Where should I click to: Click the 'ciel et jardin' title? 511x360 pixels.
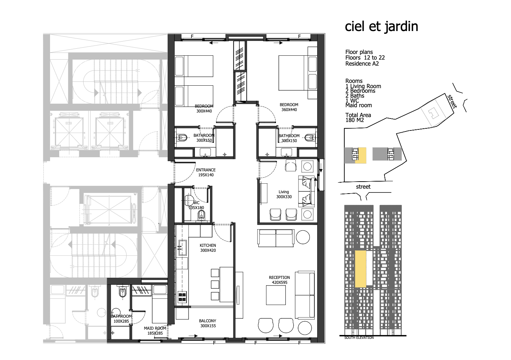pyautogui.click(x=381, y=27)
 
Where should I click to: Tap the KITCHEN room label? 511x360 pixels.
pyautogui.click(x=208, y=245)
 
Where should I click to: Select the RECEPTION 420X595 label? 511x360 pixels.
pyautogui.click(x=279, y=280)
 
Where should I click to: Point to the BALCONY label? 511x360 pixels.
pyautogui.click(x=207, y=321)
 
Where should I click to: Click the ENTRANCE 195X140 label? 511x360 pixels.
pyautogui.click(x=205, y=172)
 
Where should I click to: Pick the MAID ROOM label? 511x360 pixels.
pyautogui.click(x=155, y=328)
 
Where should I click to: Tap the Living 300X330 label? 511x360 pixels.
pyautogui.click(x=284, y=194)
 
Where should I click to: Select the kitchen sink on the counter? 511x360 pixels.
pyautogui.click(x=182, y=248)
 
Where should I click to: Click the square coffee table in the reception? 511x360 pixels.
pyautogui.click(x=276, y=295)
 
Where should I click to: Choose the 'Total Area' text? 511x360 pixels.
pyautogui.click(x=358, y=115)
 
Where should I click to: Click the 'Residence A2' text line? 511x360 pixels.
pyautogui.click(x=362, y=64)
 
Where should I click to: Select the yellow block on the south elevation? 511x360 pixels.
pyautogui.click(x=361, y=269)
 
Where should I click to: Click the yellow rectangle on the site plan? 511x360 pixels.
pyautogui.click(x=361, y=155)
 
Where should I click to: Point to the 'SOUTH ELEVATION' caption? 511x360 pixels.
pyautogui.click(x=359, y=338)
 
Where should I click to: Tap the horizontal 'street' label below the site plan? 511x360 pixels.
pyautogui.click(x=363, y=187)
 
